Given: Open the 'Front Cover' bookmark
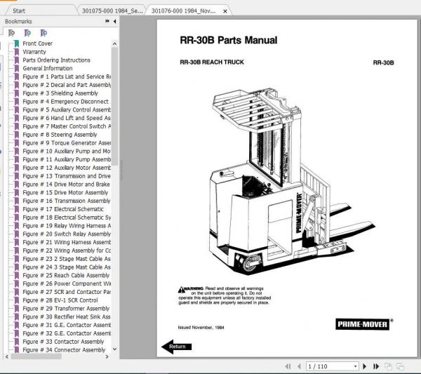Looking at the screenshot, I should (x=37, y=44).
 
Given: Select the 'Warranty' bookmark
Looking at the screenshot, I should (x=34, y=52).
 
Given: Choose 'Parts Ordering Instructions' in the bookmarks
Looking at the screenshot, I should (x=56, y=60).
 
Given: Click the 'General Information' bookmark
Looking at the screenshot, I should (x=47, y=69).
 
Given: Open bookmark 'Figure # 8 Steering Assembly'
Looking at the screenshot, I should (x=60, y=135).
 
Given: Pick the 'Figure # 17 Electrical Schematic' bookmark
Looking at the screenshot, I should (x=62, y=209).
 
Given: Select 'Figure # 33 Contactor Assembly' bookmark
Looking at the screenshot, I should (x=64, y=342).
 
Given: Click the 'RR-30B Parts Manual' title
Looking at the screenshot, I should (x=228, y=41).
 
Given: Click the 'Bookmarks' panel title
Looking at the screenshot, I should (x=18, y=22).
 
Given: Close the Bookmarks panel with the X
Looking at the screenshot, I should (x=114, y=22).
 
